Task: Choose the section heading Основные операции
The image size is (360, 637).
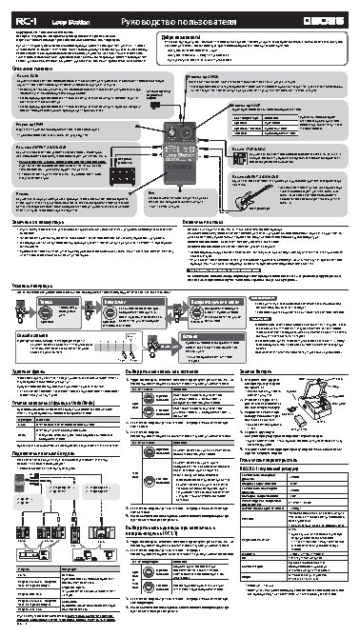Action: coord(35,284)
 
